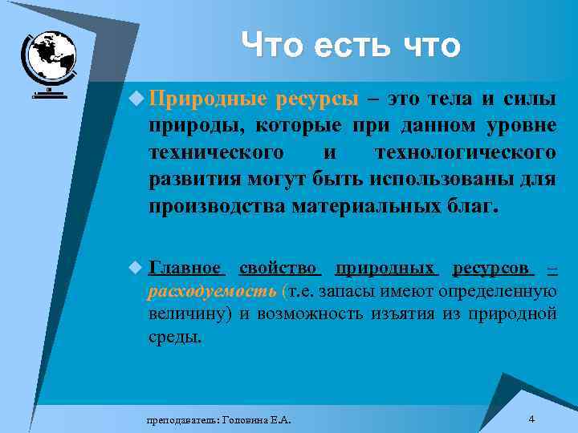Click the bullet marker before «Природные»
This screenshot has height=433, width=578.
tap(138, 99)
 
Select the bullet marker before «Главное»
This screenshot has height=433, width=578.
tap(138, 267)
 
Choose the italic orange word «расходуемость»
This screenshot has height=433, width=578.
tap(213, 290)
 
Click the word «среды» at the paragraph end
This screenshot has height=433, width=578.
tap(174, 336)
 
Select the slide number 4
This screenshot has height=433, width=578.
tap(532, 419)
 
